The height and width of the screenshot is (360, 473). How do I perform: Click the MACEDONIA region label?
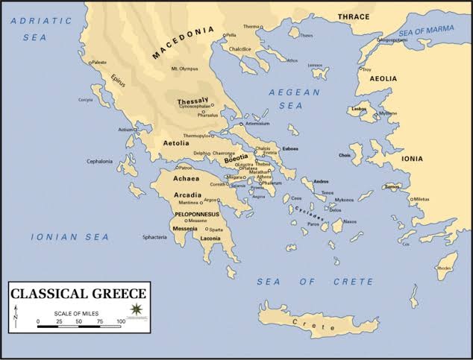(182, 44)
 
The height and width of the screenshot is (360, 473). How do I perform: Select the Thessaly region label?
(192, 101)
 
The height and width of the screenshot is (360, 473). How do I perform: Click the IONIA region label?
(432, 158)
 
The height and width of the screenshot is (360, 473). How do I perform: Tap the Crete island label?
(304, 322)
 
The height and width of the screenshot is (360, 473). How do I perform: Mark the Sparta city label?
(216, 230)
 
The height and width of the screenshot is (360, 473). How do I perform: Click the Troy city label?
(366, 69)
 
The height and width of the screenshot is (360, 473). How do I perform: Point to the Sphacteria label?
(145, 237)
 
